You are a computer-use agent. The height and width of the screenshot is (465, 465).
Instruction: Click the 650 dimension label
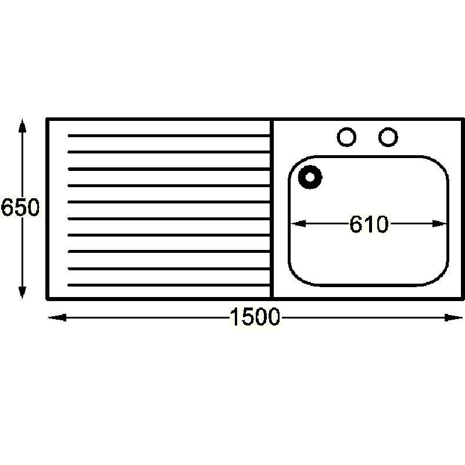coord(20,207)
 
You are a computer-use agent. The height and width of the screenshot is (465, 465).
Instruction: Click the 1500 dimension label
coord(255,317)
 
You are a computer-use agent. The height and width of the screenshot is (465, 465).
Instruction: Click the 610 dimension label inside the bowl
coord(369,224)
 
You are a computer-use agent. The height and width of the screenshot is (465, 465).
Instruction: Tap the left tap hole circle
coord(346,137)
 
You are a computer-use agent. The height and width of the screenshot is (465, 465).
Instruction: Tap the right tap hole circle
coord(388,137)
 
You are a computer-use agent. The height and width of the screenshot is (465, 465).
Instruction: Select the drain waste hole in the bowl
coord(310,177)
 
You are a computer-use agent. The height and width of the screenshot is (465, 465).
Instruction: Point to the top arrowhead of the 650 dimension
coord(22,126)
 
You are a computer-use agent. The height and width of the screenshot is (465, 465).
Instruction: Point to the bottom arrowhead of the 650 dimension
coord(22,292)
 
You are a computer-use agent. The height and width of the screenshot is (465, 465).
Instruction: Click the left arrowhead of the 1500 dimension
coord(57,317)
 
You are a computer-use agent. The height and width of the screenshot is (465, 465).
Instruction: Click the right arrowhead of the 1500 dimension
coord(453,317)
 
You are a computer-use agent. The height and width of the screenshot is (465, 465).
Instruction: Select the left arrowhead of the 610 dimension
coord(298,223)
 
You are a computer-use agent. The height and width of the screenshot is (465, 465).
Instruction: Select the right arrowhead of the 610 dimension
coord(439,223)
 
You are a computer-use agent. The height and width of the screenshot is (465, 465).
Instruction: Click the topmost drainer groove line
coord(169,135)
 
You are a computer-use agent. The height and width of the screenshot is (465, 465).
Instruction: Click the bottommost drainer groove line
coord(169,285)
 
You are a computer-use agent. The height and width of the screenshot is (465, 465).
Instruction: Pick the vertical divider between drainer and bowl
coord(271,209)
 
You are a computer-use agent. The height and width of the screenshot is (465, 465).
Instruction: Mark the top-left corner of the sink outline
coord(47,119)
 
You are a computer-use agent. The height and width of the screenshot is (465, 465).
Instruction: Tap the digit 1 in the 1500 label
coord(235,317)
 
